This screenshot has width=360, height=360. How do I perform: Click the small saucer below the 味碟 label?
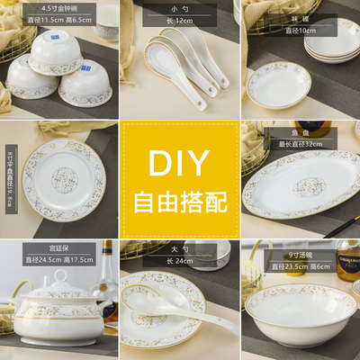[279, 84]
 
